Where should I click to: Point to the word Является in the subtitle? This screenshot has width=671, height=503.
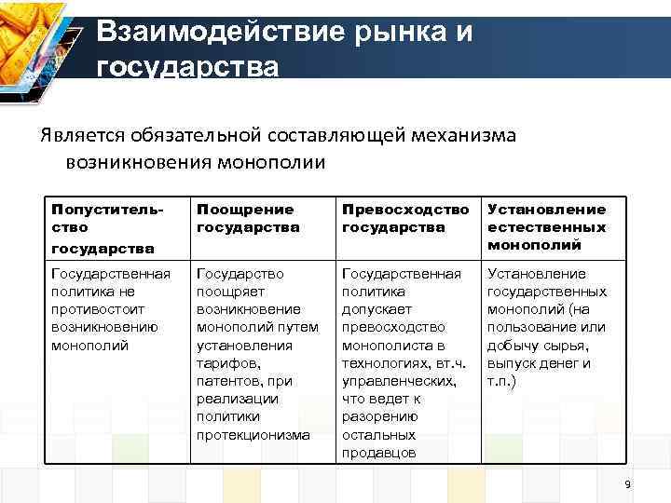pos(78,136)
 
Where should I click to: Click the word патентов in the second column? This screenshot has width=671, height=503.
pos(226,381)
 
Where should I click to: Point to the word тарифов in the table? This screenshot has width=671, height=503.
pos(224,363)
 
